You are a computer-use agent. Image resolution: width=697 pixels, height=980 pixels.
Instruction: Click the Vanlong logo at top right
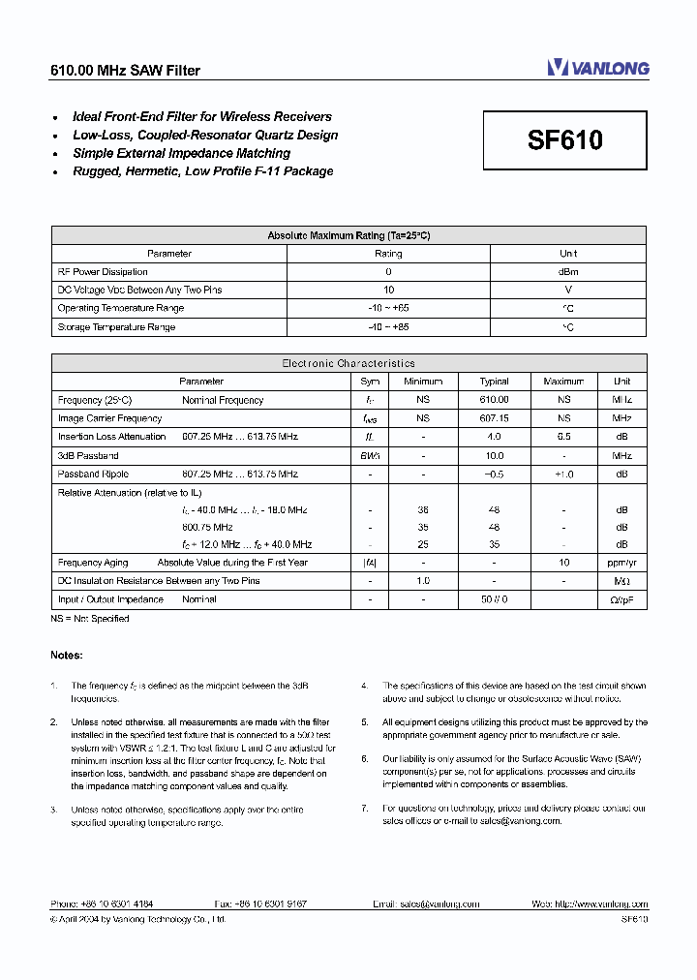point(597,68)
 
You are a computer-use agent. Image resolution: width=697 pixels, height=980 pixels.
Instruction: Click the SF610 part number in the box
point(564,140)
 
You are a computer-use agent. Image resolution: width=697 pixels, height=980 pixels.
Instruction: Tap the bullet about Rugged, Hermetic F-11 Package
point(202,171)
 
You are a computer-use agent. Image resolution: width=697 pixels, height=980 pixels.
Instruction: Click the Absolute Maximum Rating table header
point(348,235)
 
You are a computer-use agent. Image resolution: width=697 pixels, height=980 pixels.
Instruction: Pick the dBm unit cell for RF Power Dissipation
point(568,272)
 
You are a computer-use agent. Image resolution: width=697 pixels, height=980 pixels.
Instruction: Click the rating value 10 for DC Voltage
point(388,290)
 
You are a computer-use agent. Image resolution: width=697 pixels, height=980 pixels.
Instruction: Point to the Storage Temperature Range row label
point(116,327)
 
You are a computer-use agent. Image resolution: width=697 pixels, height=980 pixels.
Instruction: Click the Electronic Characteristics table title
point(348,363)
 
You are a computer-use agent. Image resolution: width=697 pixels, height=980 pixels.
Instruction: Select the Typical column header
point(494,382)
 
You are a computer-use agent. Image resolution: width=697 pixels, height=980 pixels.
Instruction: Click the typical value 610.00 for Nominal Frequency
point(494,400)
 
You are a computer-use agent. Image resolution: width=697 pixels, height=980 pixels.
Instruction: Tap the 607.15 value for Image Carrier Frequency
point(494,418)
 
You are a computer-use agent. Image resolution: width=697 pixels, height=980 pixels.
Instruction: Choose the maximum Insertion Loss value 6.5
point(563,437)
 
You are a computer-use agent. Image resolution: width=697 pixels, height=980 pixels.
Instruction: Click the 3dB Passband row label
point(88,455)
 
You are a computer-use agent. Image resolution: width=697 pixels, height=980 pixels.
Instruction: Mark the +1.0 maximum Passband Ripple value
point(563,475)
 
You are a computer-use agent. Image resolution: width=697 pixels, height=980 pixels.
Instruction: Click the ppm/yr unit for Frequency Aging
point(621,563)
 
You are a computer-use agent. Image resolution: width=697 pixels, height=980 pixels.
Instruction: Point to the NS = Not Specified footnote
point(90,618)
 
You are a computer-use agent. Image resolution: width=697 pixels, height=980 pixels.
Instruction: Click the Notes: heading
point(67,656)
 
